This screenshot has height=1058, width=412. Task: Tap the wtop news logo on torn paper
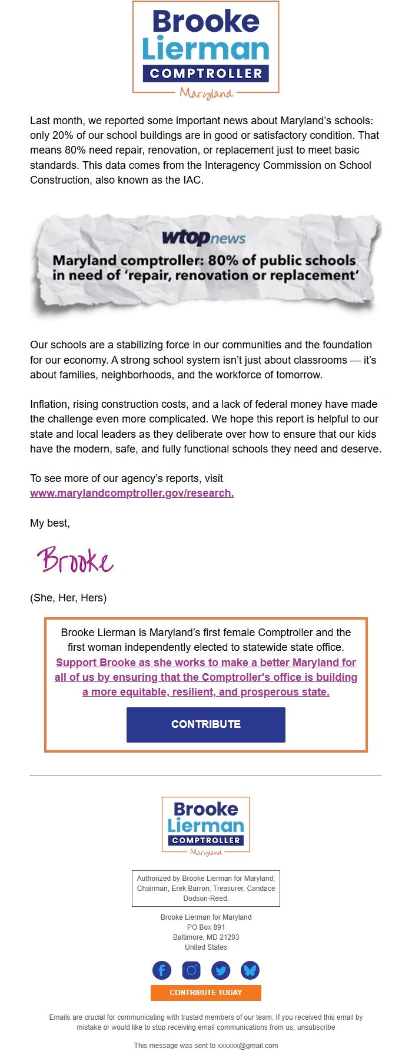coord(204,238)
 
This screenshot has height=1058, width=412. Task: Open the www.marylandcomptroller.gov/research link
coord(132,493)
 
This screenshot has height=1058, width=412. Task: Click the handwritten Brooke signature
coord(75,560)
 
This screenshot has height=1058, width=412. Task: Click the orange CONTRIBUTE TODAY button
coord(205,993)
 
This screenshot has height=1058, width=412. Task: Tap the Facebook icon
coord(162,970)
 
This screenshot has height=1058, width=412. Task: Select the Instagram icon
coord(191,970)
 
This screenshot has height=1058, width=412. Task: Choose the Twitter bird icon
coord(221,970)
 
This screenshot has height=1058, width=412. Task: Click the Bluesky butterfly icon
coord(250,970)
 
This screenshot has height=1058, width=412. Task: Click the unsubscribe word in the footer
coord(316,1027)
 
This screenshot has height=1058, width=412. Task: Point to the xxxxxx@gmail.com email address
coord(248,1046)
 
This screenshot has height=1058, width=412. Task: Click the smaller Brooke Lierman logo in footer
coord(205,826)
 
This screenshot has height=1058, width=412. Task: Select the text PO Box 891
coord(206,927)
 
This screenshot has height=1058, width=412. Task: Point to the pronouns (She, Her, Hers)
coord(68,598)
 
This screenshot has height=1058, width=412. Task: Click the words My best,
coord(50,523)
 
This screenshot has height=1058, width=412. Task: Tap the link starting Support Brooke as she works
coord(206,677)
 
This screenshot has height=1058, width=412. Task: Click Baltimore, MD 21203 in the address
coord(206,937)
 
